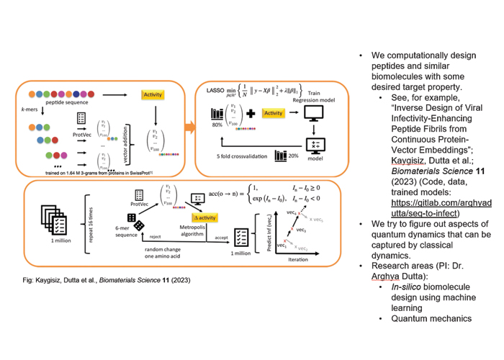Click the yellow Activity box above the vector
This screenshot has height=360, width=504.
click(x=153, y=95)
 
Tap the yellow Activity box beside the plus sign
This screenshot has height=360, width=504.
click(x=273, y=113)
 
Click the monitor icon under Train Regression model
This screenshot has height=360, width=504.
click(x=317, y=114)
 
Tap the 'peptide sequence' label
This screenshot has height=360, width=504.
click(x=62, y=105)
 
